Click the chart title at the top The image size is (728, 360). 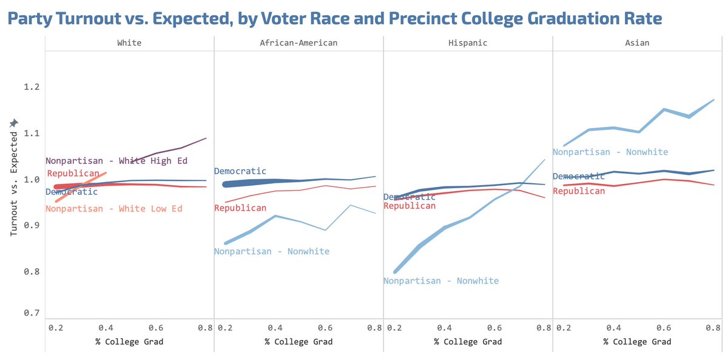point(334,18)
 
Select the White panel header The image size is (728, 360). point(129,43)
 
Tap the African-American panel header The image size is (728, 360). point(298,43)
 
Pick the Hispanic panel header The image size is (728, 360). point(468,43)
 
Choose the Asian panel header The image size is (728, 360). point(637,43)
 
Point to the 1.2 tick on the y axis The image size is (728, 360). point(32,87)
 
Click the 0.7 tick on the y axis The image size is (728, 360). point(32,313)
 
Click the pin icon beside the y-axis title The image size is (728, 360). point(14,123)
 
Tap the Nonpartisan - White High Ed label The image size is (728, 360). point(116,161)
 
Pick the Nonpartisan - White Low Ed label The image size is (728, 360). point(114,209)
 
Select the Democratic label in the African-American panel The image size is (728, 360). point(240,172)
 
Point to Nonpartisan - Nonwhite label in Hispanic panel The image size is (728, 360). point(441,281)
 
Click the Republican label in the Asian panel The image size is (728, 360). point(579,191)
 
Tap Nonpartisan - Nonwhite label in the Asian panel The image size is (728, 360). point(610,152)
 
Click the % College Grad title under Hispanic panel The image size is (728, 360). point(468,342)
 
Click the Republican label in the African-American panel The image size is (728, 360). point(240,208)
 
